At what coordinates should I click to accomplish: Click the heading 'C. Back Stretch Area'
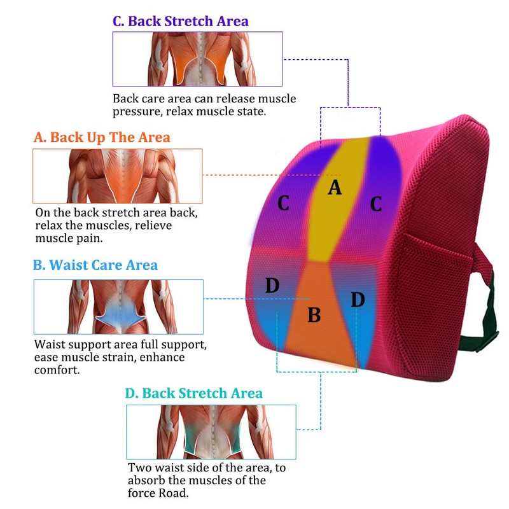pos(181,21)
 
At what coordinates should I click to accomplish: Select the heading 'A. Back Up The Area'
pos(102,137)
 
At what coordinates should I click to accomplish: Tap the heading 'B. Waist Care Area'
pos(95,265)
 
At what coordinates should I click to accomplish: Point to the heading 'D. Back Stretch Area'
pos(194,393)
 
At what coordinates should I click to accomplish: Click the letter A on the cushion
pos(335,187)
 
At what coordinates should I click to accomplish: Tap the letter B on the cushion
pos(314,315)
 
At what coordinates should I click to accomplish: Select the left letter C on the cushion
pos(283,203)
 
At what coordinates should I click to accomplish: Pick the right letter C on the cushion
pos(376,204)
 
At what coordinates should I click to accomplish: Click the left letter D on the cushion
pos(272,285)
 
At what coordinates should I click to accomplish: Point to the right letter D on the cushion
pos(358,299)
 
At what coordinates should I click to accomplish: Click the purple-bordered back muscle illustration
pos(197,59)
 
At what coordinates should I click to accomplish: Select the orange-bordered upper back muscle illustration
pos(118,176)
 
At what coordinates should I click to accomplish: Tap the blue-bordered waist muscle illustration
pos(118,307)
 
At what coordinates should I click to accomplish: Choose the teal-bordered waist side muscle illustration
pos(211,432)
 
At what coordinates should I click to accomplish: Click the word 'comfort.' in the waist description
pos(57,370)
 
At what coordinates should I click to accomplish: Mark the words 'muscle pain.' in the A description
pos(69,238)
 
